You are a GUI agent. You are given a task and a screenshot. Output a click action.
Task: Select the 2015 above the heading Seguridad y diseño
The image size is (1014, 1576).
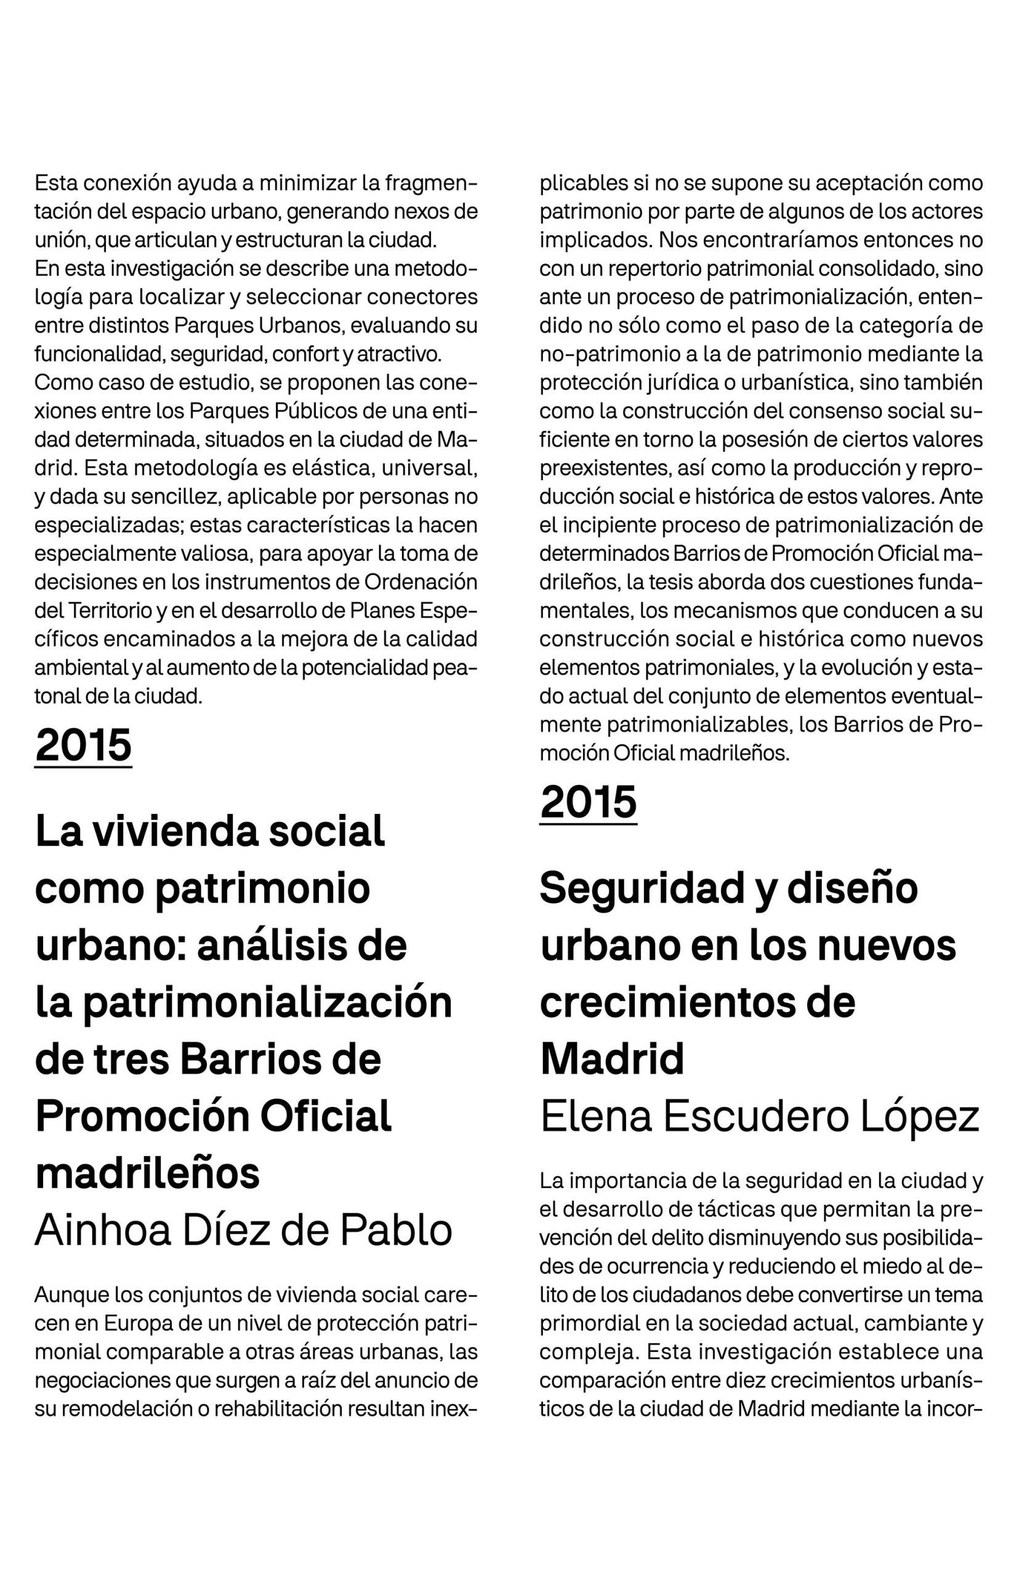click(588, 803)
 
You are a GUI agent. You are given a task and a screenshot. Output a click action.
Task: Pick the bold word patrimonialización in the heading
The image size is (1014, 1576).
click(267, 1003)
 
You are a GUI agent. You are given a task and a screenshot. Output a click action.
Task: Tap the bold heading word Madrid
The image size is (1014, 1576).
click(612, 1059)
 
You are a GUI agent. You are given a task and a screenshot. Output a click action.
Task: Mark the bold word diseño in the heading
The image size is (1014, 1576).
click(852, 888)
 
